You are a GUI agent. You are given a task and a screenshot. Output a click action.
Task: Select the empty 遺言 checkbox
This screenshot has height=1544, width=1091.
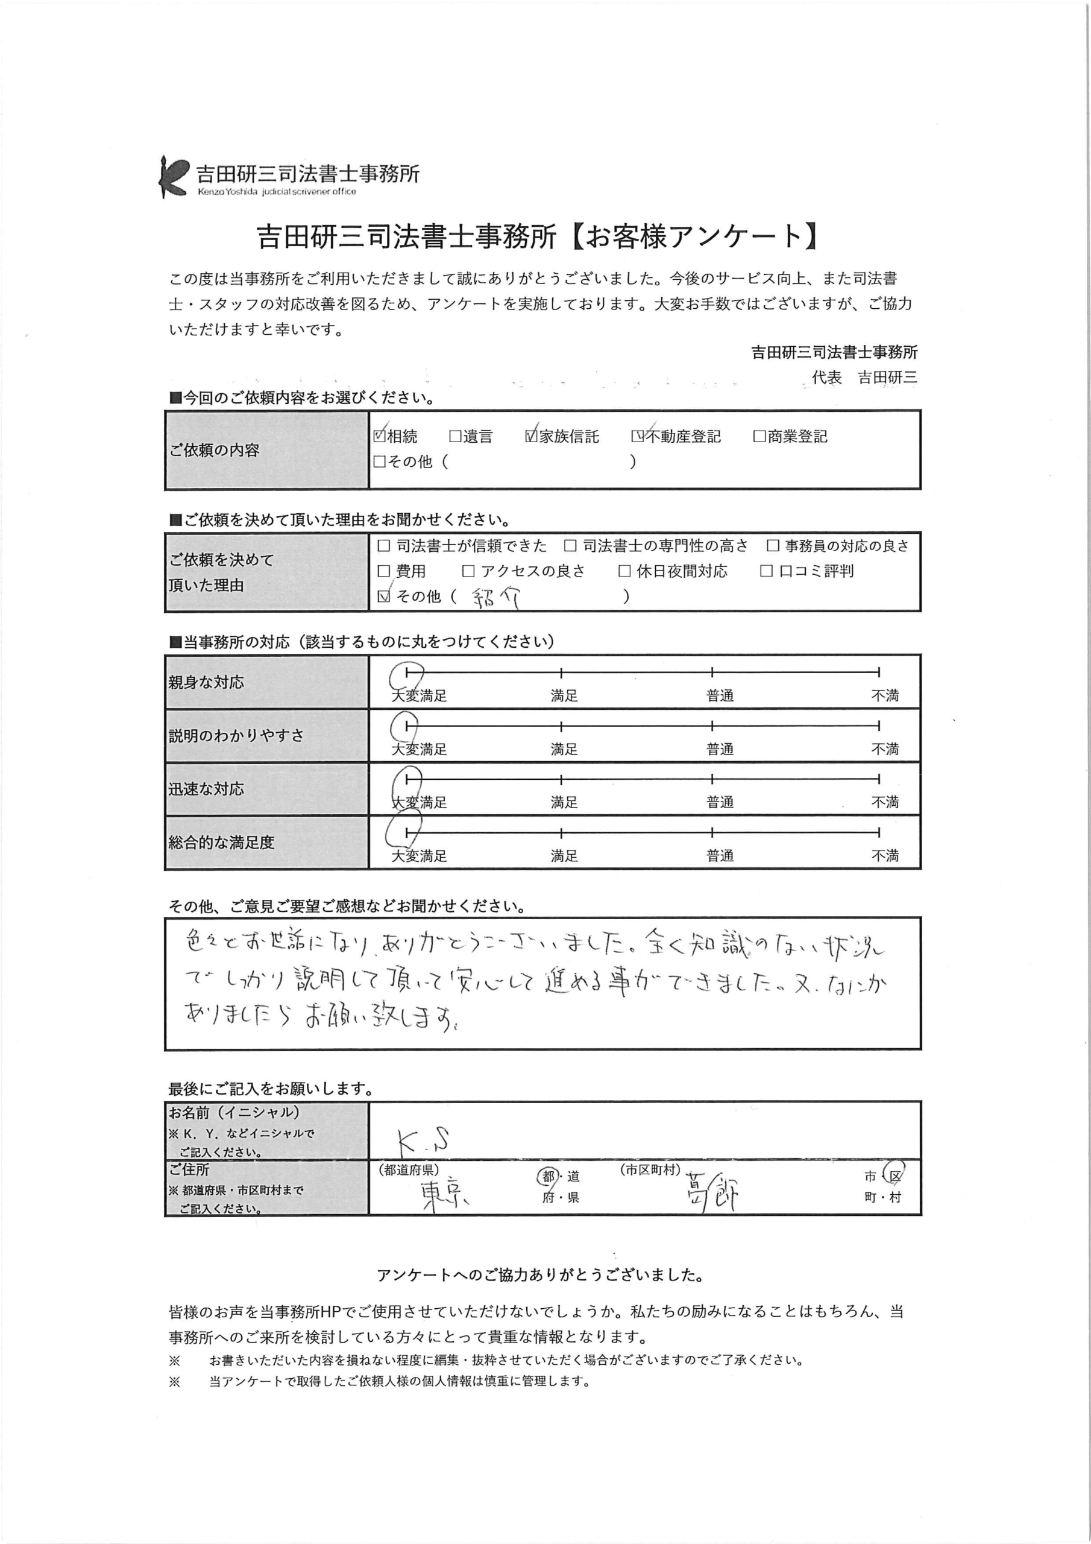[x=456, y=437]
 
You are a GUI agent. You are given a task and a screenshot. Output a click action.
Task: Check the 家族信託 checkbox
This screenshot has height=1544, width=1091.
[x=532, y=436]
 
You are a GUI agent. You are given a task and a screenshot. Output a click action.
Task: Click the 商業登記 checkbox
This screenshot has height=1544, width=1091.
[x=759, y=437]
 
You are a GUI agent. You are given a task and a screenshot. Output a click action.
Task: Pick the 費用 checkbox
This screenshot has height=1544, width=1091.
[x=384, y=571]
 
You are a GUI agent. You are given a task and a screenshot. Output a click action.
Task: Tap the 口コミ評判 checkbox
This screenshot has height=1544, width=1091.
[x=766, y=571]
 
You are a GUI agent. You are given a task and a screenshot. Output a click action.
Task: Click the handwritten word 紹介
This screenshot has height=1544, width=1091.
[x=495, y=598]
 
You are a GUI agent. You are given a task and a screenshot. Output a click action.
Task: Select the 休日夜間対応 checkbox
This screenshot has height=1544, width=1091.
[x=624, y=571]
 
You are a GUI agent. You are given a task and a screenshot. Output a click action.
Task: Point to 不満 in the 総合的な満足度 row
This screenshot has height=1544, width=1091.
[x=885, y=855]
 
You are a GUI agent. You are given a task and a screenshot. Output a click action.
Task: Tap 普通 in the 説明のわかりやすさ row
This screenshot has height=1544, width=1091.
[x=719, y=749]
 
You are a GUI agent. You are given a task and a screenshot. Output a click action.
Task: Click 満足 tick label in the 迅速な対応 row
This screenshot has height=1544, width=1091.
[x=564, y=802]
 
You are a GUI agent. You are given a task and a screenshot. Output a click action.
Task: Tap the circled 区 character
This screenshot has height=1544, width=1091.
[x=894, y=1175]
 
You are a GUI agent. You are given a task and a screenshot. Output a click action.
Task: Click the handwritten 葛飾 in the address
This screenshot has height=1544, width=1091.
[x=712, y=1192]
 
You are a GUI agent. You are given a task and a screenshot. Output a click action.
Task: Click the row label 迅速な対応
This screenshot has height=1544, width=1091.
[x=206, y=789]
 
